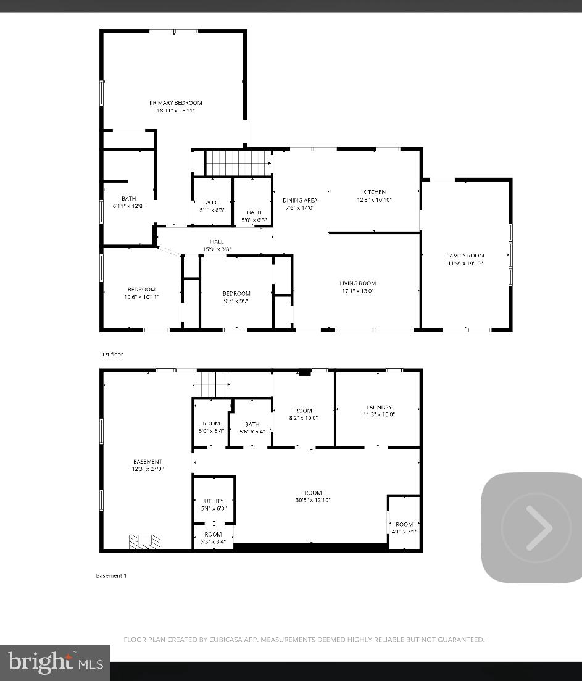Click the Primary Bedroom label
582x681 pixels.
coord(175,103)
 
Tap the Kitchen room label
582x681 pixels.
coord(374,193)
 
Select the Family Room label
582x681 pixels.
coord(465,256)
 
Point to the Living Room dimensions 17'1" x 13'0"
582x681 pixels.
coord(357,291)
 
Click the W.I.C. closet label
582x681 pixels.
coord(212,203)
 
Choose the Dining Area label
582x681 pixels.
coord(300,200)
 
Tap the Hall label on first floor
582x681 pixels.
coord(217,241)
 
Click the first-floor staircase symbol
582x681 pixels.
coord(238,163)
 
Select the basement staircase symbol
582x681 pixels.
coord(212,385)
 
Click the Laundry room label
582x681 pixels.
coord(379,407)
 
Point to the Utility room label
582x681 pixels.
coord(214,501)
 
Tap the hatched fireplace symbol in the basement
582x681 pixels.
coord(144,541)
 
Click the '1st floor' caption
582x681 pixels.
coord(112,354)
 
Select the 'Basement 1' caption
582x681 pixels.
coord(111,575)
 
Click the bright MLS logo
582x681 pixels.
coord(55,662)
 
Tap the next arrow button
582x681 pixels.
coord(536,528)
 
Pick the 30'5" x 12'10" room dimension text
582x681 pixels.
coord(313,500)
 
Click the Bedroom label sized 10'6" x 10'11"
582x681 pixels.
coord(141,290)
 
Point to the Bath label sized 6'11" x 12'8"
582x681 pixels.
coord(128,198)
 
